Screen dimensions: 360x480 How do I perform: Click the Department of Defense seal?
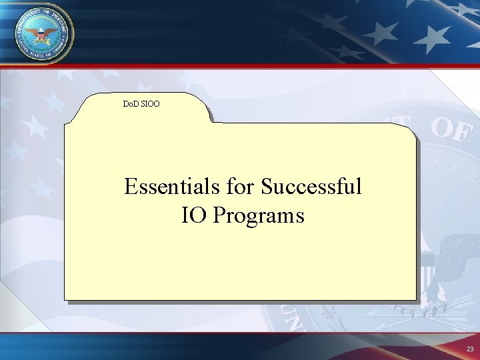pyautogui.click(x=41, y=31)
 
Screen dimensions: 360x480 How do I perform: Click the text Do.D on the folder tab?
pyautogui.click(x=132, y=104)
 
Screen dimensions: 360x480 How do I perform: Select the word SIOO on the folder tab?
pyautogui.click(x=151, y=104)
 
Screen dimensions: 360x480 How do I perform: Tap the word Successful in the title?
pyautogui.click(x=311, y=187)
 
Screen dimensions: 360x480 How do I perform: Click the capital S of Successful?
pyautogui.click(x=267, y=187)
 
